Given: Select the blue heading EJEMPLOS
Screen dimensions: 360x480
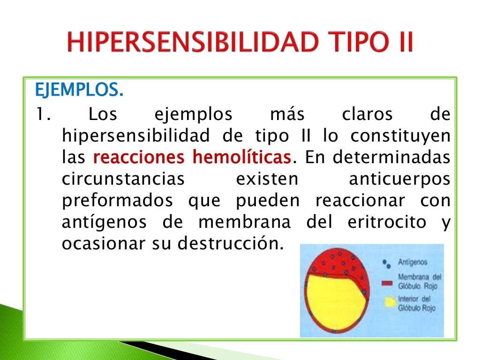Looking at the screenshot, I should click(x=79, y=90).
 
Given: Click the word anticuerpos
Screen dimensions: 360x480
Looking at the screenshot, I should click(x=400, y=180).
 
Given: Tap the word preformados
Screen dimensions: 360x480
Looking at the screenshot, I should click(x=117, y=202).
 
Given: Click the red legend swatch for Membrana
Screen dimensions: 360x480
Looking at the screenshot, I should click(x=387, y=283).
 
